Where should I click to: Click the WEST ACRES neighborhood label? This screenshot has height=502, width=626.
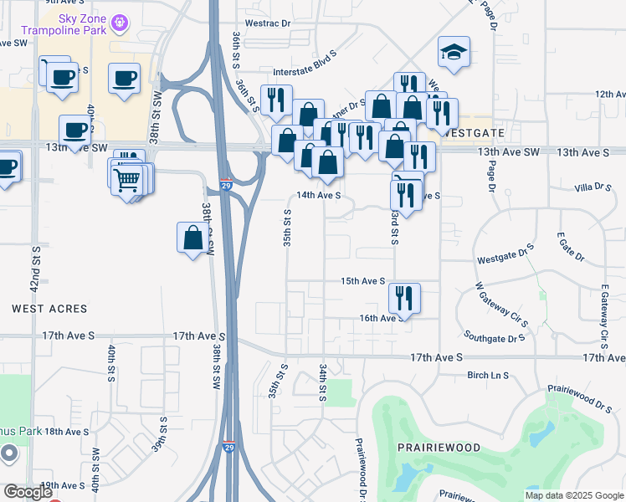(49, 309)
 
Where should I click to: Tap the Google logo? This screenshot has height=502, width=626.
(28, 492)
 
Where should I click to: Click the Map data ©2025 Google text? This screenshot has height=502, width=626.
(573, 495)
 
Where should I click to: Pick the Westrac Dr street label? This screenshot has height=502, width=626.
(266, 23)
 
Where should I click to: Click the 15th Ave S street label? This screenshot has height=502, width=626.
(362, 281)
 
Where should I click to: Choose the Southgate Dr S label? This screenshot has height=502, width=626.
(495, 339)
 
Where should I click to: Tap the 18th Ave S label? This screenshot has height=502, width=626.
(67, 432)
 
